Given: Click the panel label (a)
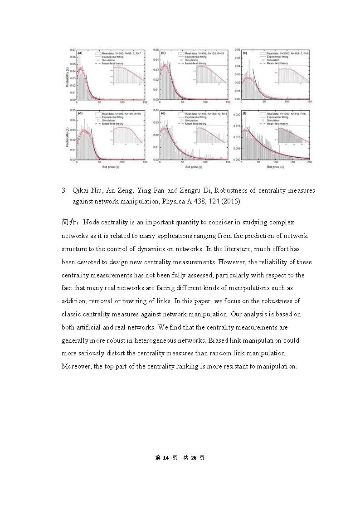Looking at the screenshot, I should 80,53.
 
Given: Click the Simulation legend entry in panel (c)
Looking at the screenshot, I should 273,60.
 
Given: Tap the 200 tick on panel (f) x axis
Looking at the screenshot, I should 309,162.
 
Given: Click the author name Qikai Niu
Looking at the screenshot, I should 87,191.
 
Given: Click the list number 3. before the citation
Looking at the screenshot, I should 64,191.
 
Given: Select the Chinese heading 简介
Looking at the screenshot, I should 70,222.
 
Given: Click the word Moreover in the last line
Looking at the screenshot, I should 76,366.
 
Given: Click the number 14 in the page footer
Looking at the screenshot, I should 165,458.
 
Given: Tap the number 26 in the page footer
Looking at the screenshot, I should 193,458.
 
